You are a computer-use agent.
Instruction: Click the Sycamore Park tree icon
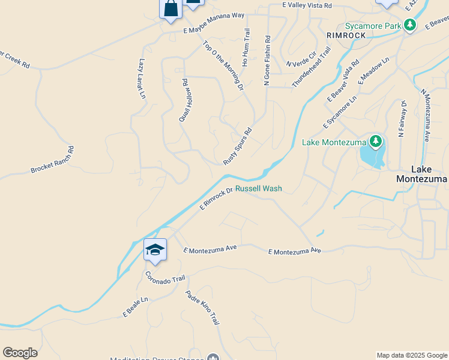[x=410, y=25]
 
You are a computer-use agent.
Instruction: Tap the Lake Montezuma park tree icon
[x=376, y=142]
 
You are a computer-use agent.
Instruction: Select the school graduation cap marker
[x=155, y=250]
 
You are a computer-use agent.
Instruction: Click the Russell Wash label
[x=258, y=188]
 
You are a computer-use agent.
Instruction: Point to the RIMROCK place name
[x=346, y=35]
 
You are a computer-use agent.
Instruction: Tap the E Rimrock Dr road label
[x=216, y=198]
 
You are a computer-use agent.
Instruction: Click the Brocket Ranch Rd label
[x=52, y=160]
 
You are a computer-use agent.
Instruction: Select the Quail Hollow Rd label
[x=185, y=100]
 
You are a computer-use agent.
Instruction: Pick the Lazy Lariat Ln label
[x=142, y=79]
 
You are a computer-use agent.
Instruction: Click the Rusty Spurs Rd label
[x=237, y=146]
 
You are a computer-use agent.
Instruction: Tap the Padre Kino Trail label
[x=202, y=308]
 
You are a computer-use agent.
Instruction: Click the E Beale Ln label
[x=136, y=307]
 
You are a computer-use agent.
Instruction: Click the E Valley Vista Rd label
[x=307, y=5]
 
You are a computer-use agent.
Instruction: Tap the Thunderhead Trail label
[x=312, y=68]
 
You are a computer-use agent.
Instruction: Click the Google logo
[x=20, y=353]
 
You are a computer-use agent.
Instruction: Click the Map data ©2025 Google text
[x=412, y=355]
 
